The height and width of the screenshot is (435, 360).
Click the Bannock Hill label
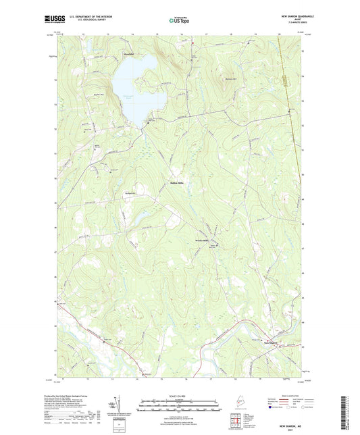tap(231, 82)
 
